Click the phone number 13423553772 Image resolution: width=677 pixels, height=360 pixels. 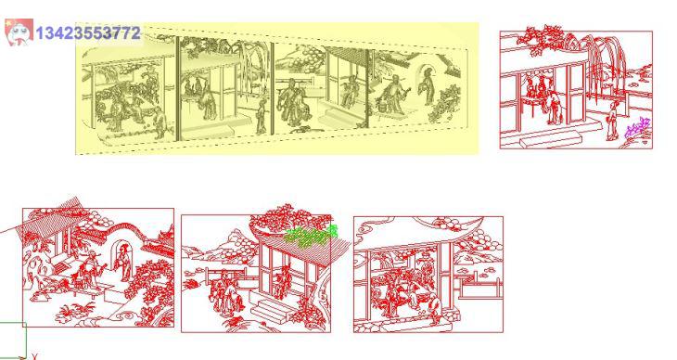[x=88, y=33]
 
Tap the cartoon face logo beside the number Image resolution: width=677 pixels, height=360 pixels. [x=19, y=32]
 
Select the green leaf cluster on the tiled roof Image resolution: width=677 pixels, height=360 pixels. [x=312, y=236]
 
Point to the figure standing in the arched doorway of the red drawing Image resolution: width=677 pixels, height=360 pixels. [x=124, y=262]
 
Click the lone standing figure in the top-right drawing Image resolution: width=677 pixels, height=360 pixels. [x=612, y=121]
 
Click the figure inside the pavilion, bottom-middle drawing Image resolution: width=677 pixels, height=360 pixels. [x=284, y=281]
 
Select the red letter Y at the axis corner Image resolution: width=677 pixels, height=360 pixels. [x=34, y=356]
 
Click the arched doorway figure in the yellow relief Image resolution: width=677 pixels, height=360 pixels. [x=428, y=85]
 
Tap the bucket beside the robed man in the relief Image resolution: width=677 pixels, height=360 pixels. [x=382, y=105]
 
